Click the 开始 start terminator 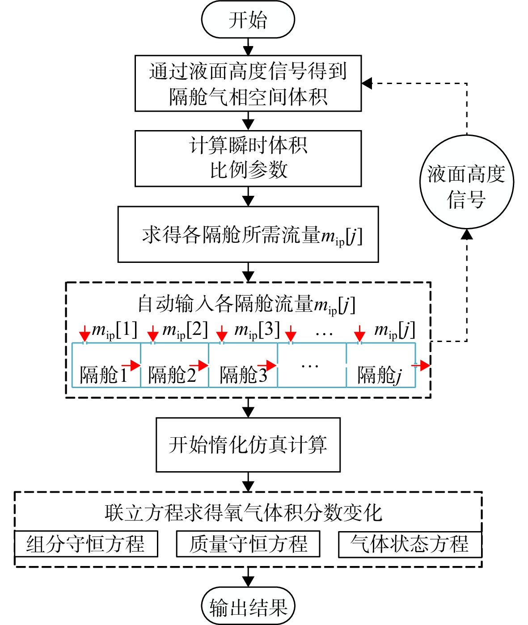(248, 20)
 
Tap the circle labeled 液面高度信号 (467, 182)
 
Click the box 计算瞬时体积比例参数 (248, 158)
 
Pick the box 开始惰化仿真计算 (248, 445)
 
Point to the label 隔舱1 (104, 375)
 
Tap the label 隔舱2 (172, 375)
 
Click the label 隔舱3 (243, 375)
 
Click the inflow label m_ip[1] (114, 330)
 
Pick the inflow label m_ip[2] (185, 330)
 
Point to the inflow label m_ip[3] (257, 330)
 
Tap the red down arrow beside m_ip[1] (84, 334)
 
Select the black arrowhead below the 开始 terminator (248, 51)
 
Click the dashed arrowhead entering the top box (367, 83)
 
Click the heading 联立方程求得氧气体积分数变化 (243, 513)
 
